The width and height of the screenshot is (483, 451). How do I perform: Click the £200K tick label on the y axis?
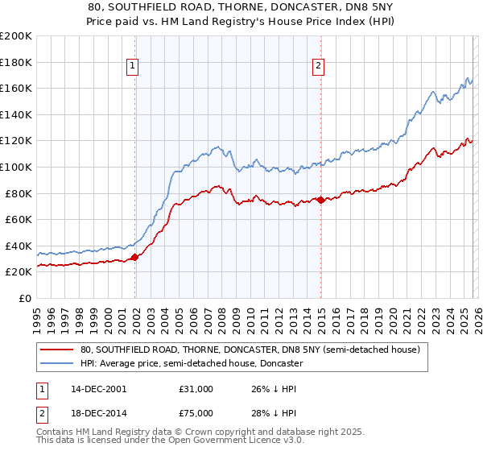16,36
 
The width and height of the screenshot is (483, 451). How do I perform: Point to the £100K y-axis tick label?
16,167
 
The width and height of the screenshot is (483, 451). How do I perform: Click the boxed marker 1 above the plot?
132,67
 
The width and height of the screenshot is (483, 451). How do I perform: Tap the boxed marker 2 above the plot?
319,67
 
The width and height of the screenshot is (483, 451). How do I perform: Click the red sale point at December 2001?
134,257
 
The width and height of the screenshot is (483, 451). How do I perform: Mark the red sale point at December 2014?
320,200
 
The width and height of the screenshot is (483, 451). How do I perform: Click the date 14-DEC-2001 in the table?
99,389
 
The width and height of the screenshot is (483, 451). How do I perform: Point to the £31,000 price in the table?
196,389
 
